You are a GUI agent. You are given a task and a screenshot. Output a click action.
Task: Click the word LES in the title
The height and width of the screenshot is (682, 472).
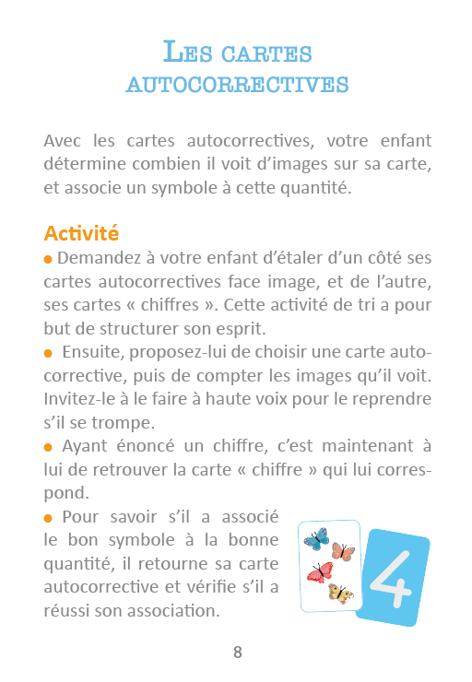189,52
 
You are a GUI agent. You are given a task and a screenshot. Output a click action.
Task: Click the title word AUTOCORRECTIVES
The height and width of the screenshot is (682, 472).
237,85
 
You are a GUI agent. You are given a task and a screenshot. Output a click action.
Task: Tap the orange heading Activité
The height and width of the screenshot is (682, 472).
81,233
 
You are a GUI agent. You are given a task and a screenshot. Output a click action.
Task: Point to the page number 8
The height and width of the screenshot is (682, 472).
237,653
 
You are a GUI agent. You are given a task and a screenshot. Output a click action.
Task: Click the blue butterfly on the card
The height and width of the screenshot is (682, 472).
316,537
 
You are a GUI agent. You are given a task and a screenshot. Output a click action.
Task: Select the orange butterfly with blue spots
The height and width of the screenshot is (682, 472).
342,551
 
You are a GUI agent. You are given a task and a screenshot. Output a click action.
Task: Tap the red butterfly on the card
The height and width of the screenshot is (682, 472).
320,571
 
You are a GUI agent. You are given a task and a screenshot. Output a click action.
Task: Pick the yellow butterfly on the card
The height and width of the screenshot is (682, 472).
340,593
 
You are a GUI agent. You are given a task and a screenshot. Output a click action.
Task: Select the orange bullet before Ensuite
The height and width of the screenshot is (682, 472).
48,353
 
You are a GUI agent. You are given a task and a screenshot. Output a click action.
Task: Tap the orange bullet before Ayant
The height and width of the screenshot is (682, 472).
48,448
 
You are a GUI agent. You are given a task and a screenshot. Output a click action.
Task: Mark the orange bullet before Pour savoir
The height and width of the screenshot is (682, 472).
48,518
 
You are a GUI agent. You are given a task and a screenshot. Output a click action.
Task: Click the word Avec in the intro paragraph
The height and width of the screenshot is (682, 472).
62,142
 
